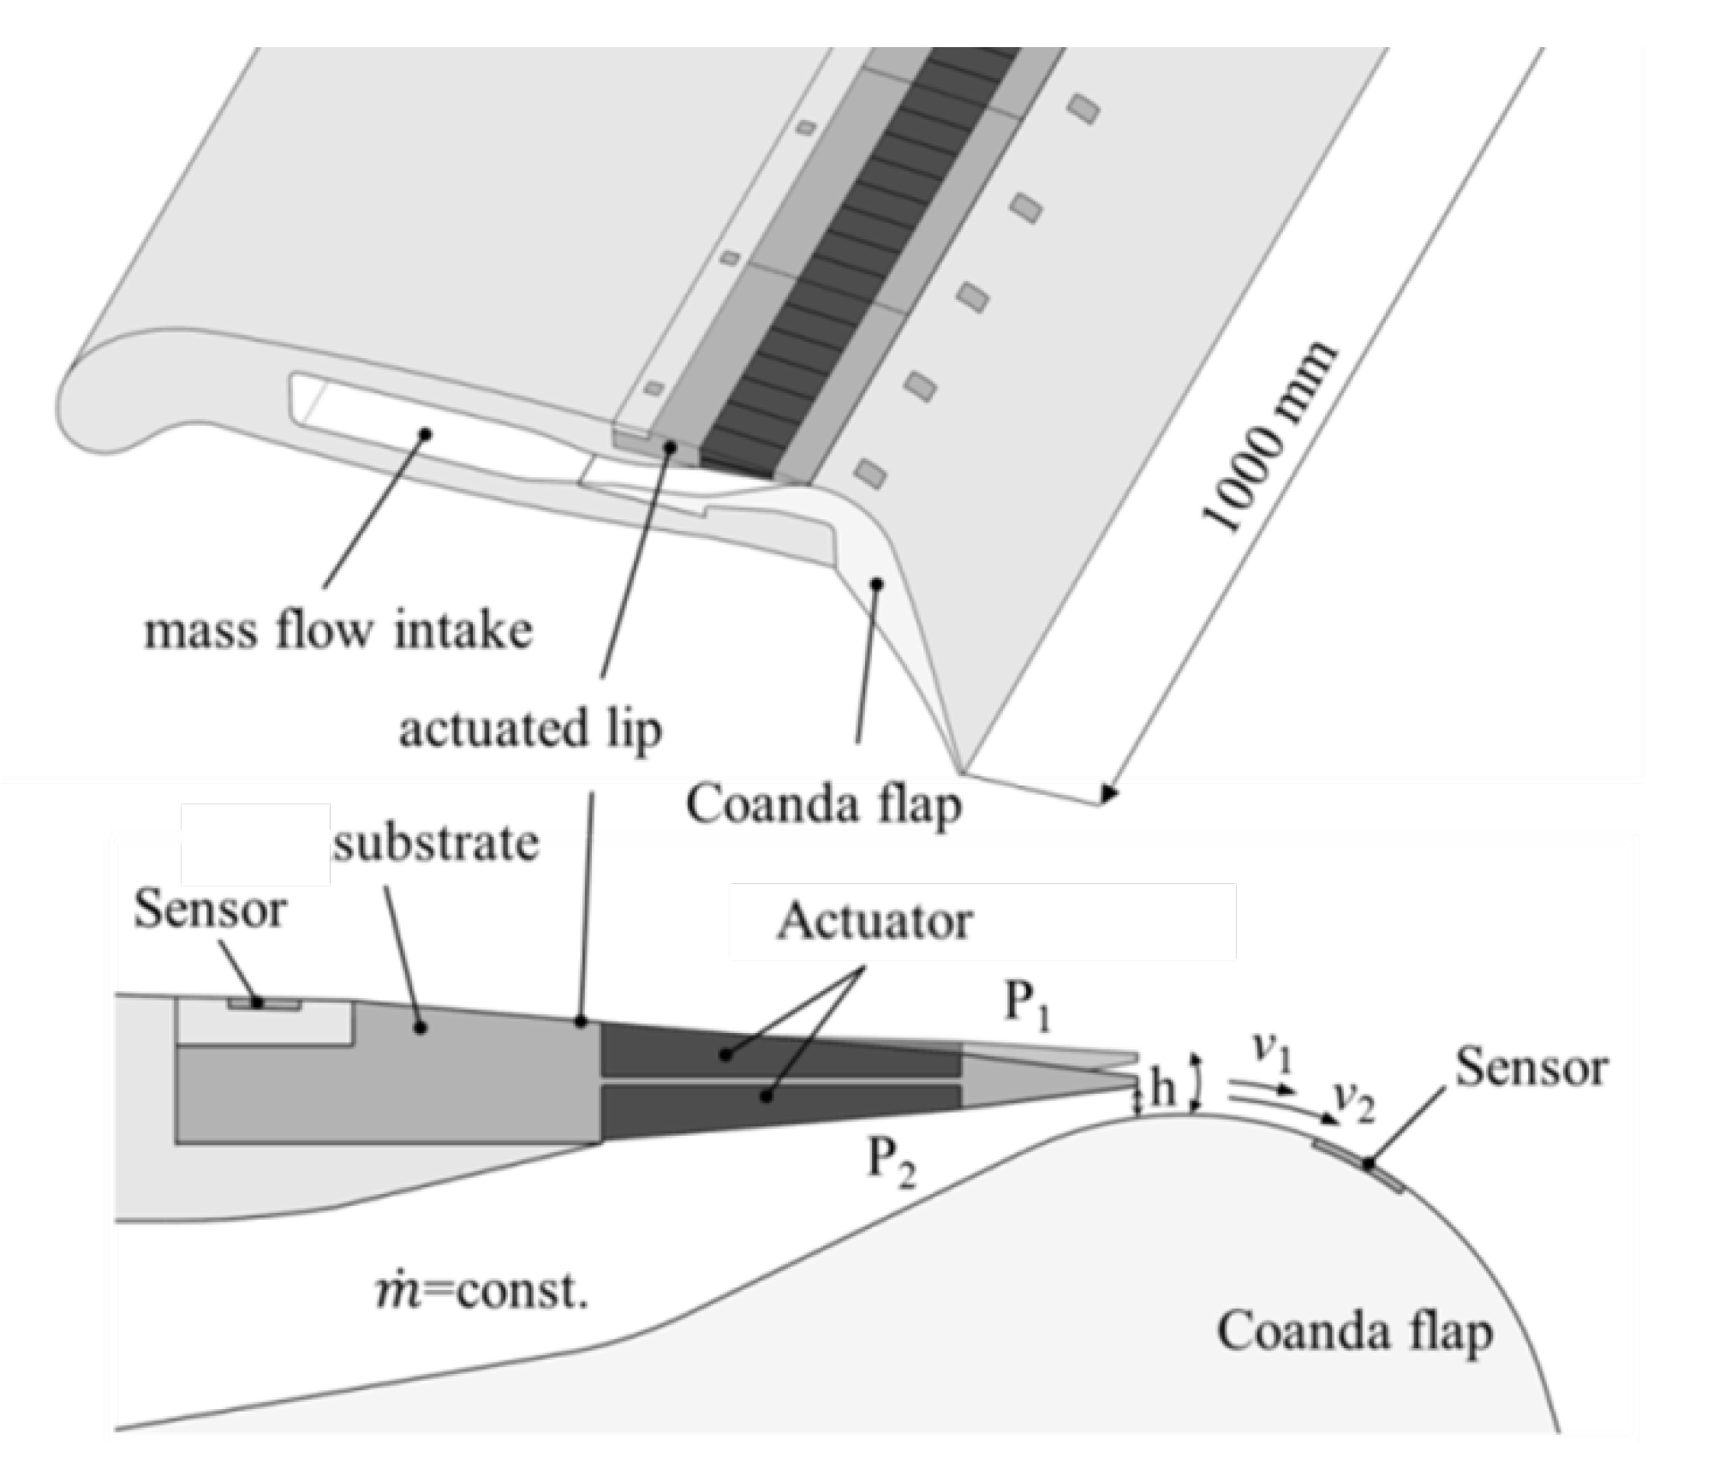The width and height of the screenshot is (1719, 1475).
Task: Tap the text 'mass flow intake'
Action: coord(337,632)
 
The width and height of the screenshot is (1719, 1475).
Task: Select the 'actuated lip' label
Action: coord(530,731)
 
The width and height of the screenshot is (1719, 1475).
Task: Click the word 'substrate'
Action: coord(436,843)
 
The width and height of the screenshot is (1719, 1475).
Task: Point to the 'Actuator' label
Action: coord(874,922)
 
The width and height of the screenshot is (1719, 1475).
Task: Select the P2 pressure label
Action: coord(892,1163)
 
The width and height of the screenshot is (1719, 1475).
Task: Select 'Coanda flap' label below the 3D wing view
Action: coord(823,805)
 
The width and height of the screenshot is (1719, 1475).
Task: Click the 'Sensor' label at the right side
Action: coord(1531,1068)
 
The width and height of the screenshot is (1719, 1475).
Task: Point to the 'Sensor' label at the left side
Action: coord(209,910)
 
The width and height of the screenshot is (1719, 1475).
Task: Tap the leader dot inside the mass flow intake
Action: coord(423,433)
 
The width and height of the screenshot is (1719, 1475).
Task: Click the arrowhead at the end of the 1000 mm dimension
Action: coord(1109,796)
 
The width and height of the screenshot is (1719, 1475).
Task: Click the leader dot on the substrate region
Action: coord(420,1027)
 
